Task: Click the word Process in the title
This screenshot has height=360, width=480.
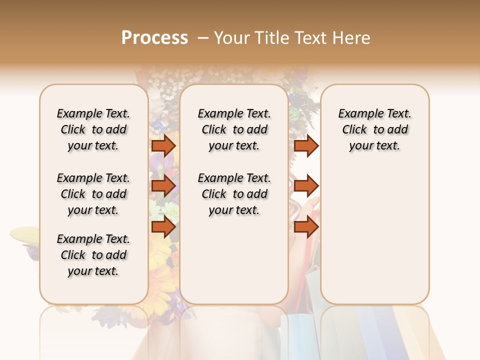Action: point(154,37)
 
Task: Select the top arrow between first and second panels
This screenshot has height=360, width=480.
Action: point(163,145)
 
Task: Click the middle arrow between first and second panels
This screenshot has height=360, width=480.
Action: point(163,186)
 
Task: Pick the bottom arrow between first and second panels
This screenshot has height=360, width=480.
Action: point(163,227)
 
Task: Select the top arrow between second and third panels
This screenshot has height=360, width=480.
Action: point(306,145)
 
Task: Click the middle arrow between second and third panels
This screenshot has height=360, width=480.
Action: point(306,186)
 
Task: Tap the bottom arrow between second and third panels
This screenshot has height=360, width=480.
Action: point(306,227)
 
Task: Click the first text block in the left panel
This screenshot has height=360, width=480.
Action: point(93,129)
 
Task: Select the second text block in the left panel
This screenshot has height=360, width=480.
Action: point(93,194)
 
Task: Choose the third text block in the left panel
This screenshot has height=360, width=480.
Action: point(93,255)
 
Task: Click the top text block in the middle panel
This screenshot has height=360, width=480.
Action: point(234,129)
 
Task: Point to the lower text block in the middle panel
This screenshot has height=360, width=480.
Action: point(234,194)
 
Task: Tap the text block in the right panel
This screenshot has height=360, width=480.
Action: point(374,129)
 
